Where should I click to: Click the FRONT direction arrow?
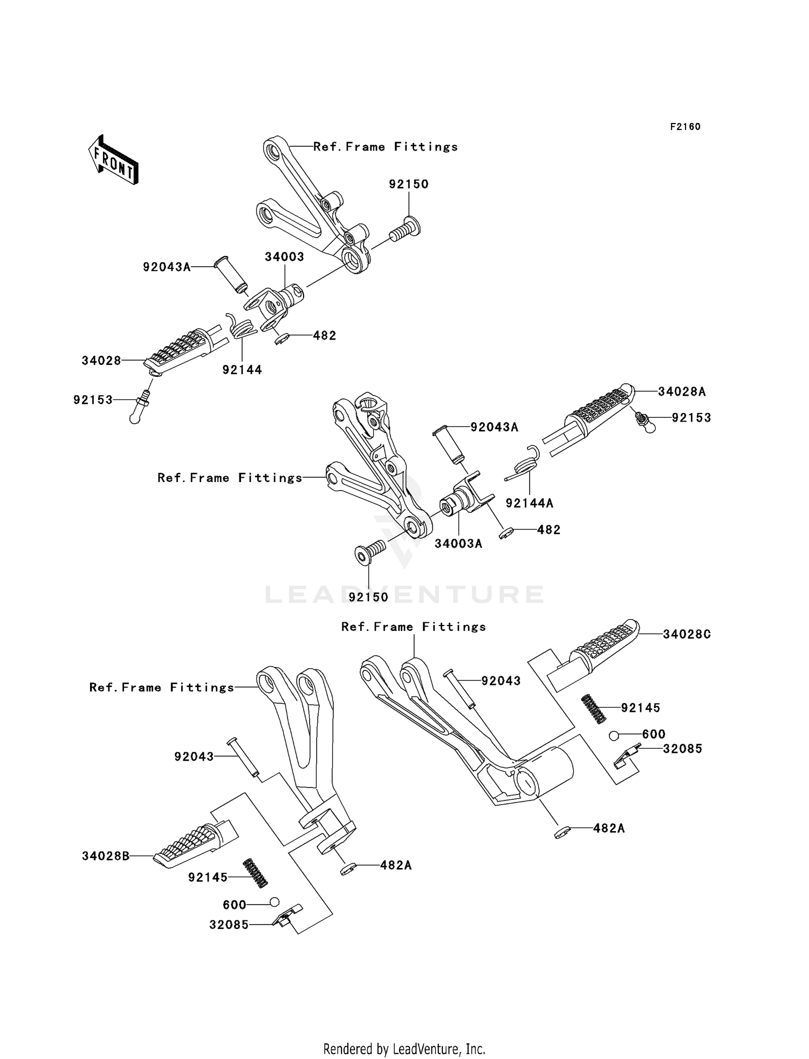pyautogui.click(x=114, y=160)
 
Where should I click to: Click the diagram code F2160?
pyautogui.click(x=685, y=127)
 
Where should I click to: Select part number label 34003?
pyautogui.click(x=284, y=257)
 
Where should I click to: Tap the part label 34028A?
pyautogui.click(x=682, y=392)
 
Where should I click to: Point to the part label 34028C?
pyautogui.click(x=687, y=634)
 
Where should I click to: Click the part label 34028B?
pyautogui.click(x=106, y=856)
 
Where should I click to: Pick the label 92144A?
pyautogui.click(x=529, y=503)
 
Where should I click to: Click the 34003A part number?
pyautogui.click(x=458, y=544)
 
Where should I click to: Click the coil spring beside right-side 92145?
pyautogui.click(x=594, y=709)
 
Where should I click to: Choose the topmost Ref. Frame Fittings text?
pyautogui.click(x=385, y=147)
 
